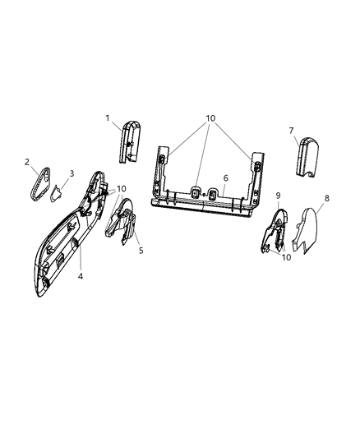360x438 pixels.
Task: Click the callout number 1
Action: pos(108,118)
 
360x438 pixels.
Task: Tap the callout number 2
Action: pos(27,162)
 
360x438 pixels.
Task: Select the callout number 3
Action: pos(72,173)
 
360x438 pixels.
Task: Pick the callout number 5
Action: pos(141,249)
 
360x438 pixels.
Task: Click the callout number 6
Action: pos(225,177)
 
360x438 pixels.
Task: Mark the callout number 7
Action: pos(291,130)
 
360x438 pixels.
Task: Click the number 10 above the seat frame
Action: pos(211,118)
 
